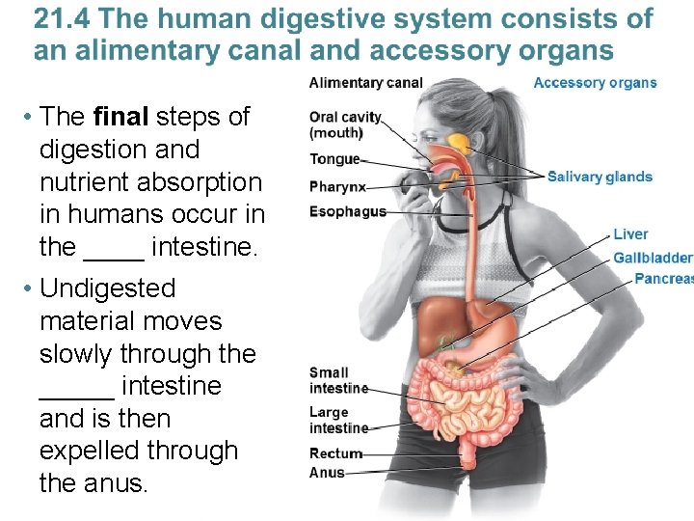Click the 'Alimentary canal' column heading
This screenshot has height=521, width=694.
point(365,83)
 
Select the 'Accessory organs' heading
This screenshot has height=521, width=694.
point(595,83)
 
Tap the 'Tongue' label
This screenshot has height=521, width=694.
point(334,159)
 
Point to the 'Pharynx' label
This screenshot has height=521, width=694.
point(337,186)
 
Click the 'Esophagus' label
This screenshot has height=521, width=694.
point(347,211)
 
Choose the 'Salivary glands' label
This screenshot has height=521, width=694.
point(600,177)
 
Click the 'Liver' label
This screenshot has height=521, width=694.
point(630,234)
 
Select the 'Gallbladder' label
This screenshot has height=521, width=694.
point(653,258)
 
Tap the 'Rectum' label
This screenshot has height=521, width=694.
point(335,453)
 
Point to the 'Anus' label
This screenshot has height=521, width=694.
point(327,473)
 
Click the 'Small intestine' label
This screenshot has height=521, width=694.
point(337,380)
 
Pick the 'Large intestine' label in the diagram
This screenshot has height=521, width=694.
point(338,420)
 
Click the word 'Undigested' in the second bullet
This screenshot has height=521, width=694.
point(108,288)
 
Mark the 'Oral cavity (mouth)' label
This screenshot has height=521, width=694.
point(345,125)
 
